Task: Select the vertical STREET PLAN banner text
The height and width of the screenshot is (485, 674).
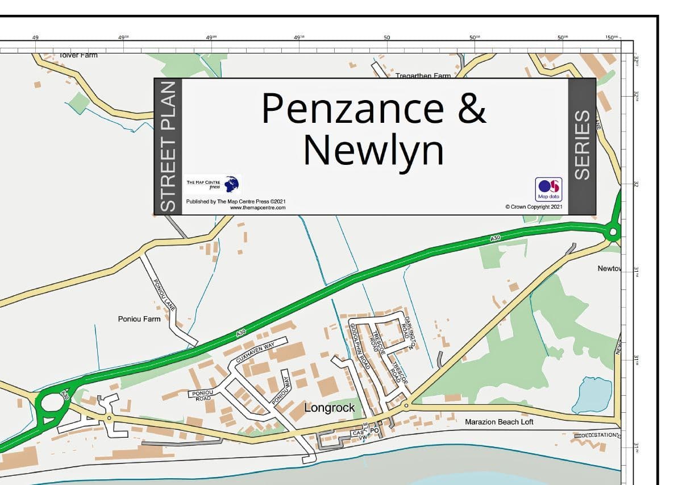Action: point(169,147)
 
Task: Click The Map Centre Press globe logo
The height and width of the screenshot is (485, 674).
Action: point(232,184)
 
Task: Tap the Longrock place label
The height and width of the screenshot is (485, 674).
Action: point(330,408)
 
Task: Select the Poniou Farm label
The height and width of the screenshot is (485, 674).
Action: point(139,319)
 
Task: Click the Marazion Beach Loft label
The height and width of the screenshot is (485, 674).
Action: point(499,422)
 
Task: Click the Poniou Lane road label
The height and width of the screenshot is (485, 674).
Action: point(164,295)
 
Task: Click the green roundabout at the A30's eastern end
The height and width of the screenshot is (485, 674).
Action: point(612,232)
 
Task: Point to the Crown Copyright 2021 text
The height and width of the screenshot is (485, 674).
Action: point(534,207)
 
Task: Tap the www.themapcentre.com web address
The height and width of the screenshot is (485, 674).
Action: point(257,208)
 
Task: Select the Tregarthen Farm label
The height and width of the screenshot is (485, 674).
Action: point(423,76)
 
